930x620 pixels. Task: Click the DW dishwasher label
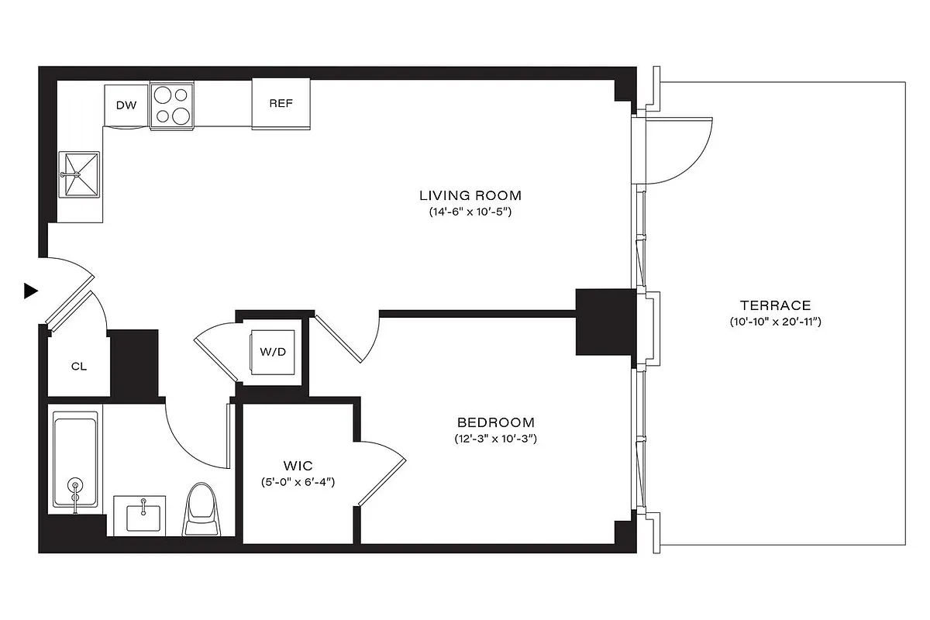coord(126,105)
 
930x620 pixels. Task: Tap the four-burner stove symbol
coord(171,105)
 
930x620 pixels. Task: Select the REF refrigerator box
coord(281,104)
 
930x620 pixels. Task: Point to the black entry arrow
coord(30,291)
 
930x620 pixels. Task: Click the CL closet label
coord(78,366)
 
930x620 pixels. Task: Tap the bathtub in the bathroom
coord(75,462)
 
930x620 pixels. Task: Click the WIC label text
coord(298,466)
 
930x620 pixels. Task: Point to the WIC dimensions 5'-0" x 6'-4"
coord(298,482)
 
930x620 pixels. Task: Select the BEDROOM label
coord(495,423)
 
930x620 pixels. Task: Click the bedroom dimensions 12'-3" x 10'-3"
coord(495,439)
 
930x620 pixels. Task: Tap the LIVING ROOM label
coord(470,195)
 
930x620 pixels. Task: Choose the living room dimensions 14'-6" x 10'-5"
coord(470,212)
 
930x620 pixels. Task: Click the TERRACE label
coord(774,305)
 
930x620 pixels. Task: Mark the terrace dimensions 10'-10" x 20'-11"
coord(774,322)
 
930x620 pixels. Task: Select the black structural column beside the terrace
coord(604,322)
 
